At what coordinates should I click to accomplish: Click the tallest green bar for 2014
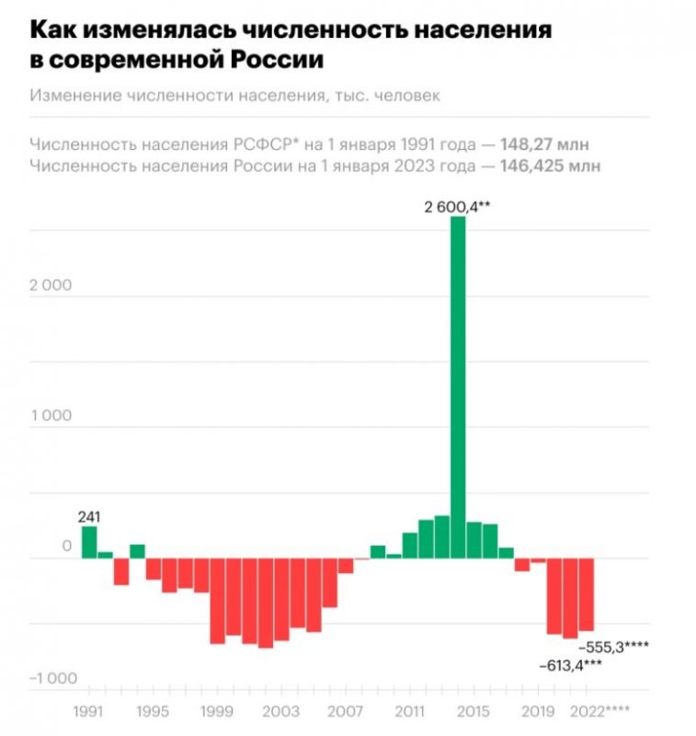tap(458, 387)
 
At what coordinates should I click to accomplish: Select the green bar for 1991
tap(89, 542)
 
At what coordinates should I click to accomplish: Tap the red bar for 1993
tap(121, 571)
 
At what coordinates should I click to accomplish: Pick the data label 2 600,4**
tap(457, 206)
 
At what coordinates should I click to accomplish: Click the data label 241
tap(89, 517)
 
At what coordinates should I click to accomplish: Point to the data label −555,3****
tap(614, 648)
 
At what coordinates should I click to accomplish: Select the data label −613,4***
tap(570, 665)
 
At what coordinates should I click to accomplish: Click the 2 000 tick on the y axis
tap(51, 285)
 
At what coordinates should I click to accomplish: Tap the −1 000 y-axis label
tap(53, 678)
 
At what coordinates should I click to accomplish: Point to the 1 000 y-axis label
tap(51, 416)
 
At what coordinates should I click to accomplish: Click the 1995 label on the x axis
tap(153, 711)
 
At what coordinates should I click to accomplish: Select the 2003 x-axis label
tap(280, 711)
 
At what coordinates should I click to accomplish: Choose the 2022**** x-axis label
tap(599, 711)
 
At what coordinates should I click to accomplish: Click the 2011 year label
tap(409, 711)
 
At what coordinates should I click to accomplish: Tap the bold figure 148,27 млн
tap(544, 144)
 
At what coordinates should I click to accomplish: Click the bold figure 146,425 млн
tap(550, 166)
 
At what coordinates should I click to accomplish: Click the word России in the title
tap(277, 60)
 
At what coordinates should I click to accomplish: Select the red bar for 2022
tap(587, 594)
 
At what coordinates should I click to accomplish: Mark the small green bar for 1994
tap(137, 551)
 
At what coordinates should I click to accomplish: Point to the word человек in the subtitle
tap(407, 96)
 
